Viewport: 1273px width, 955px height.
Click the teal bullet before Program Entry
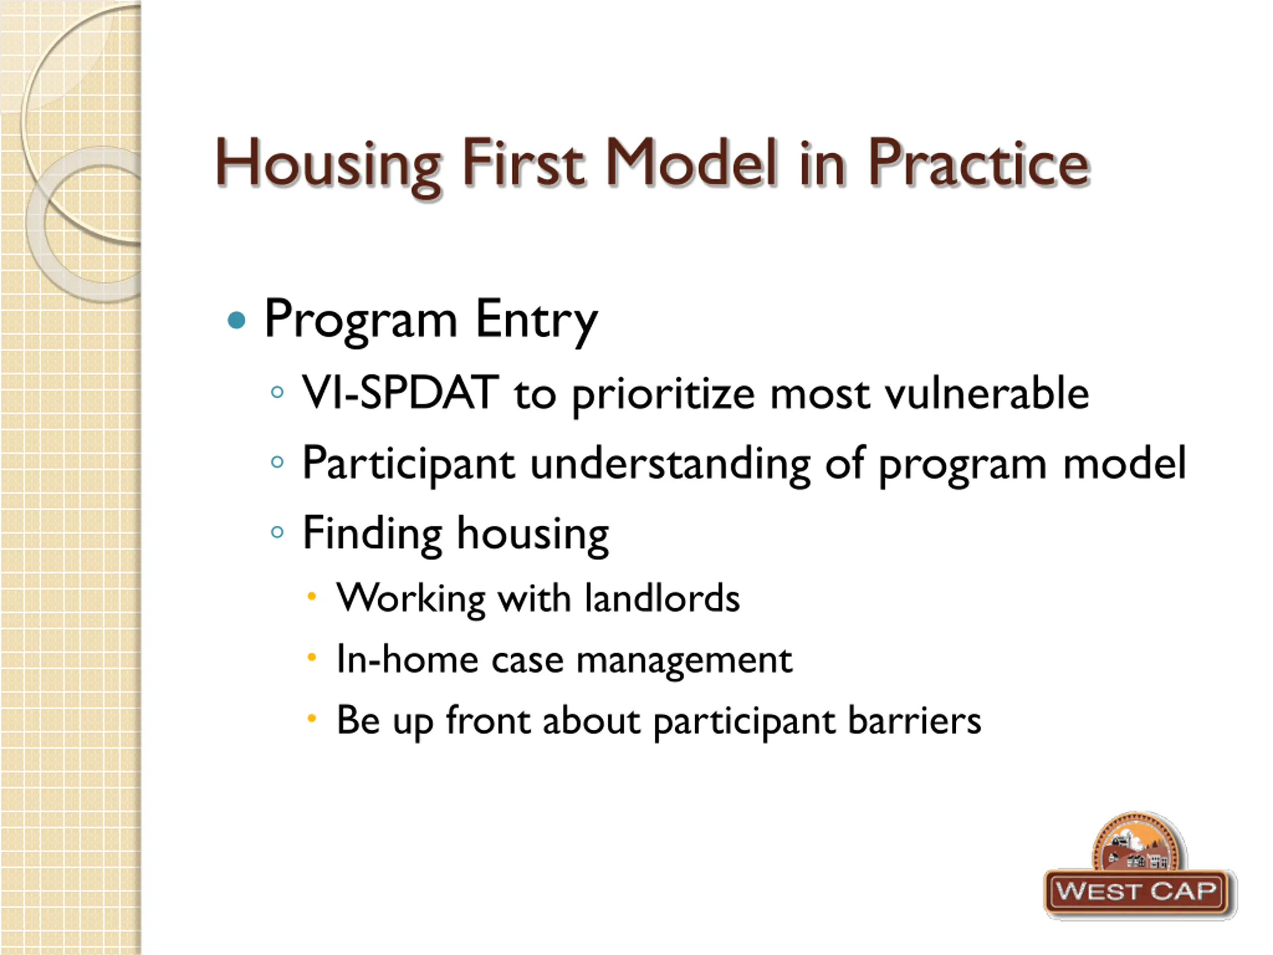(237, 319)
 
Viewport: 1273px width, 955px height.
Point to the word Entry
(537, 321)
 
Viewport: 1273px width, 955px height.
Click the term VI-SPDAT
(400, 392)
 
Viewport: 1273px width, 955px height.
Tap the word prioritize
(663, 395)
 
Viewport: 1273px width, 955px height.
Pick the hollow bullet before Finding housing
(277, 532)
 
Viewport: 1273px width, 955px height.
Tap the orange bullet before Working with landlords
(311, 596)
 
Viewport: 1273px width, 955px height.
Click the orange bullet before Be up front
(311, 718)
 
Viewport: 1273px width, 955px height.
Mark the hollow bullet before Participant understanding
(277, 462)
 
